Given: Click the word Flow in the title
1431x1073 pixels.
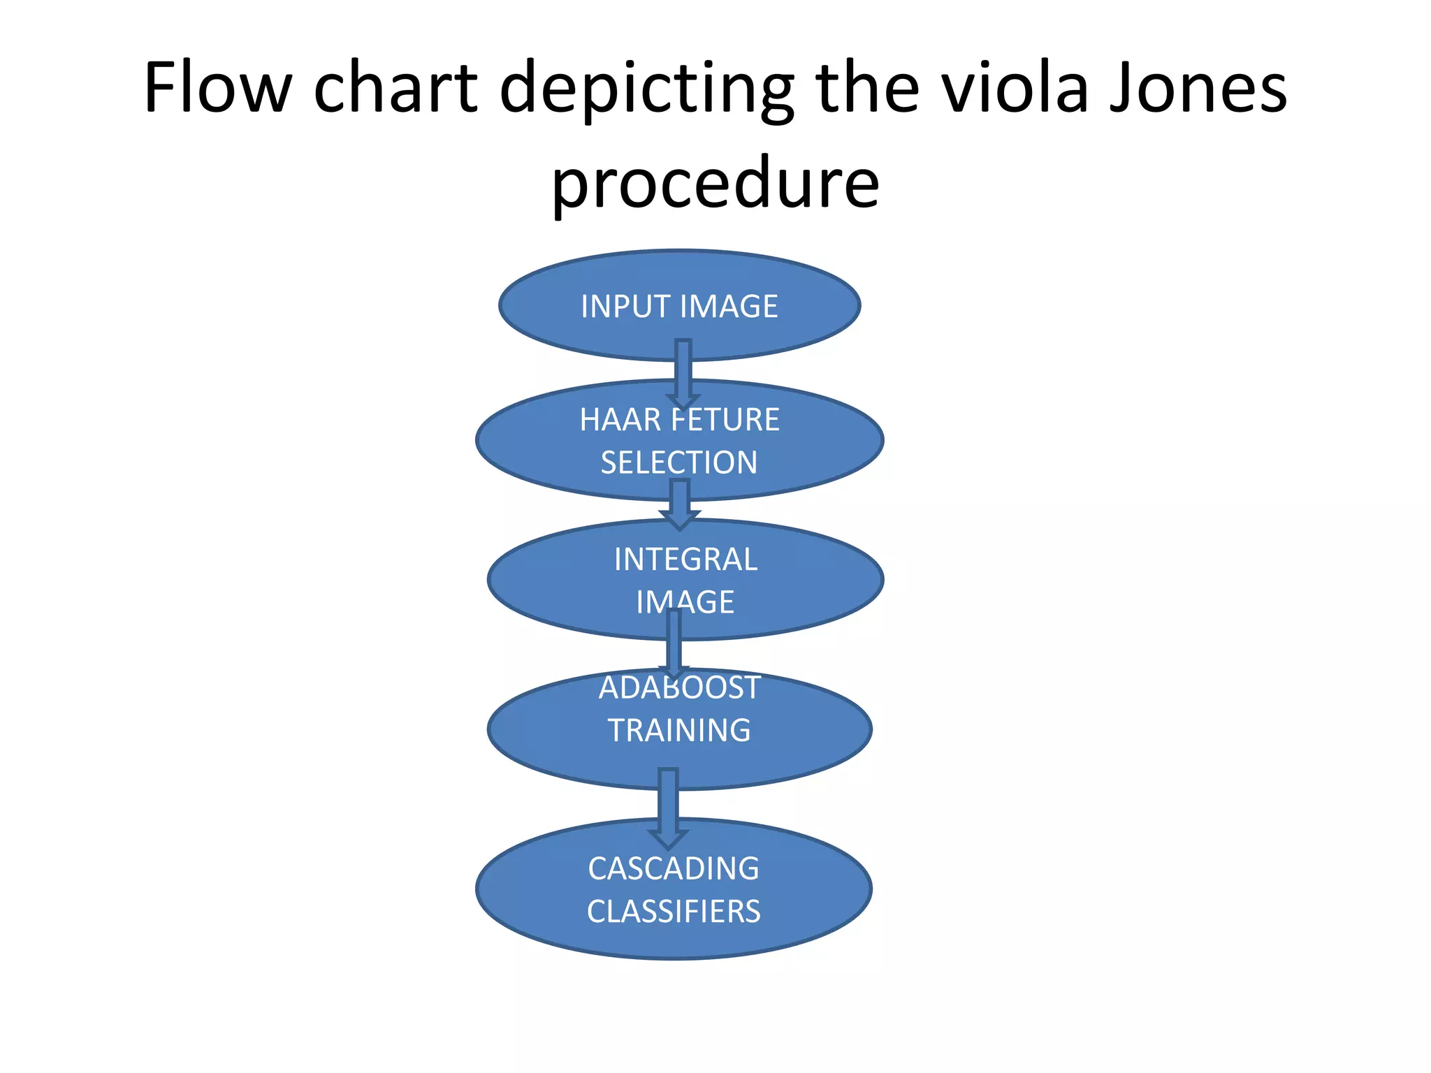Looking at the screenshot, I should point(217,87).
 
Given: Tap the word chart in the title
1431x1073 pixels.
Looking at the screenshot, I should point(395,87).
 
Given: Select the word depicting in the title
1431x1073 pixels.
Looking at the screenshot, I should point(647,91).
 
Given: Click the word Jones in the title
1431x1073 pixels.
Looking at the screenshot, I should point(1198,87).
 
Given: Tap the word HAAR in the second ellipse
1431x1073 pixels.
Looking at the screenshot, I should point(620,420).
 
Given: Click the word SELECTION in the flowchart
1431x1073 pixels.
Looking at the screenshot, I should point(679,462).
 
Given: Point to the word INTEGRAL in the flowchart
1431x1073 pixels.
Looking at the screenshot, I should point(685,560).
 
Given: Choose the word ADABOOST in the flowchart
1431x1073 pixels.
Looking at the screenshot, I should point(679,688).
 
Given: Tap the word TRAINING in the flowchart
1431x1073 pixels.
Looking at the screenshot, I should point(679,731).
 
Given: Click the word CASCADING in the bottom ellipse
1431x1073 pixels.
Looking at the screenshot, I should point(674,869).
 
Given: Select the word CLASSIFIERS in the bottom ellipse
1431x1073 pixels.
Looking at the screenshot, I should point(674,912).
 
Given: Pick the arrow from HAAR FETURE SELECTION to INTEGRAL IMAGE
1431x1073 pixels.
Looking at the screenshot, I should point(679,504).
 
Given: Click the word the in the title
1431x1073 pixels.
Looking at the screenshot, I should point(866,87).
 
